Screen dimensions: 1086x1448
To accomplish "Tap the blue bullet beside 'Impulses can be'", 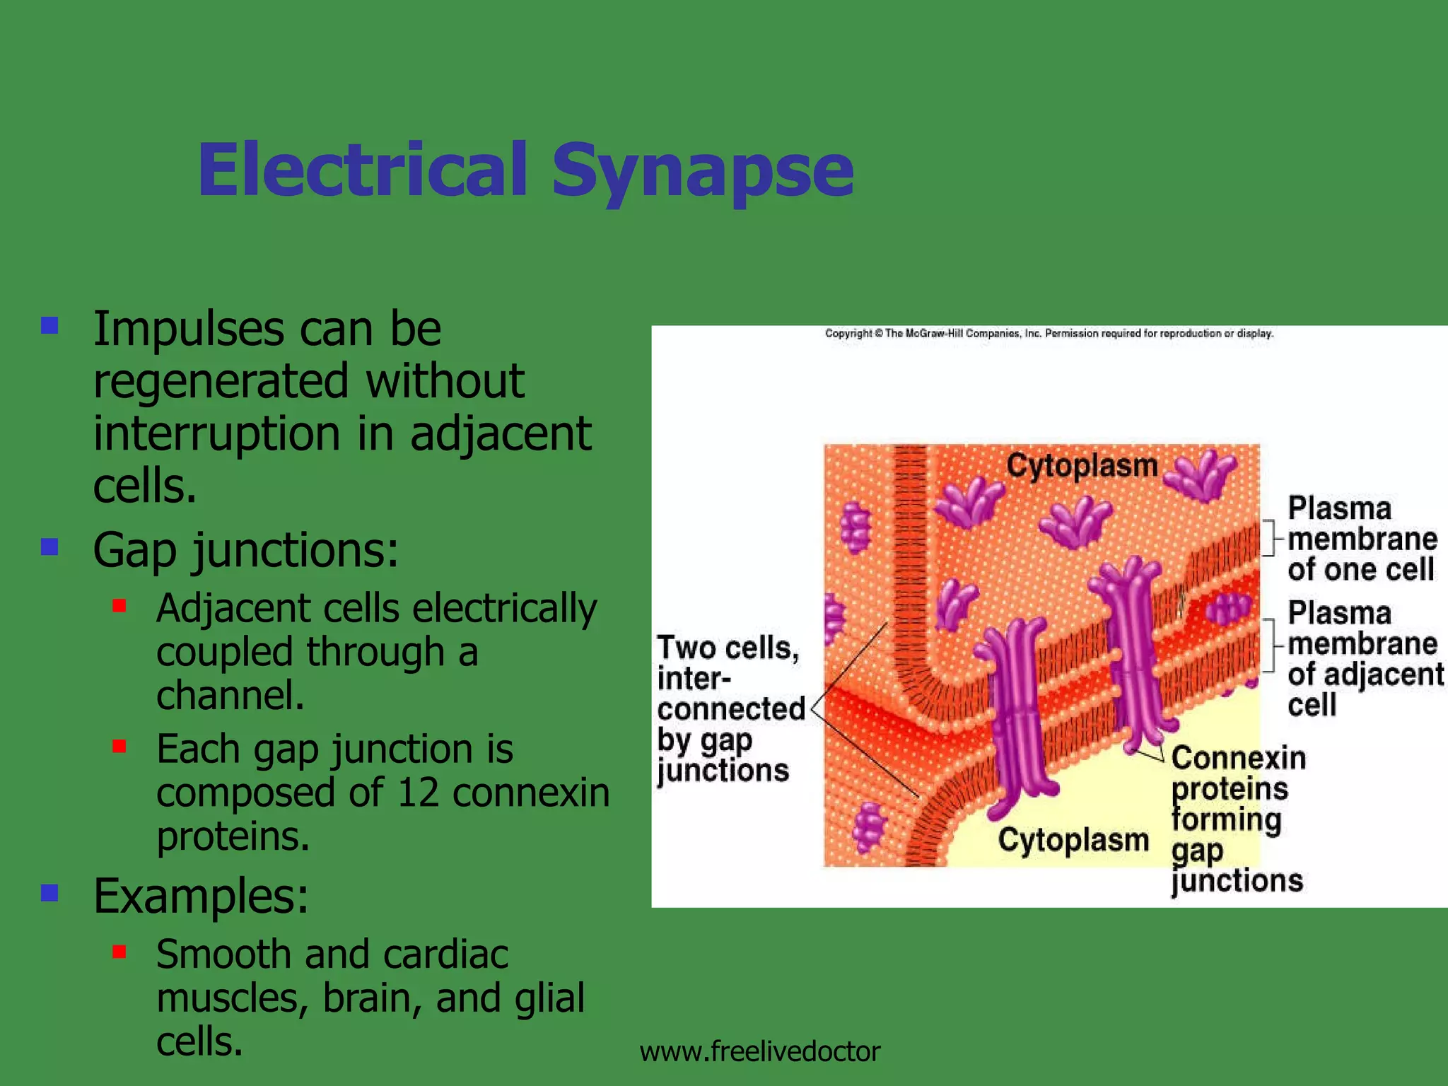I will pos(49,326).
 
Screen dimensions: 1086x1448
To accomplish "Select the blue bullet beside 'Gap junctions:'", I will pos(49,547).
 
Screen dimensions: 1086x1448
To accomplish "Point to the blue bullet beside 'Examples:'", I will pos(49,893).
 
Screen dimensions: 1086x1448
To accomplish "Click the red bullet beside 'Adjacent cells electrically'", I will pos(119,606).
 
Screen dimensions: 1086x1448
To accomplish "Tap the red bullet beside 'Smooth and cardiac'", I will pos(119,952).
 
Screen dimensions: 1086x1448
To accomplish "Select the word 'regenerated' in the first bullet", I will pos(221,381).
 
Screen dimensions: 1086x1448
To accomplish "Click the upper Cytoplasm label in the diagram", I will pos(1082,465).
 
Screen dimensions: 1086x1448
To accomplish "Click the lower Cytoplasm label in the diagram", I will pos(1073,840).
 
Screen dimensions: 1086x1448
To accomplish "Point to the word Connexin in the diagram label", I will pos(1238,758).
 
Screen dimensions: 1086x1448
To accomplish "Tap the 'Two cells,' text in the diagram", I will pos(728,648).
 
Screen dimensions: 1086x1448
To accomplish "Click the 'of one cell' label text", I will pos(1360,570).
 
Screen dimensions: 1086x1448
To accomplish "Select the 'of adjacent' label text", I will pos(1365,675).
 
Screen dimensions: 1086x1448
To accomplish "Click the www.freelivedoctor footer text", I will pos(759,1051).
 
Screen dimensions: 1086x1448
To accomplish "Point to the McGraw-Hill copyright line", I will pos(1049,333).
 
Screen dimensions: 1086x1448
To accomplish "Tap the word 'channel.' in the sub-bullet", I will pos(230,696).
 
